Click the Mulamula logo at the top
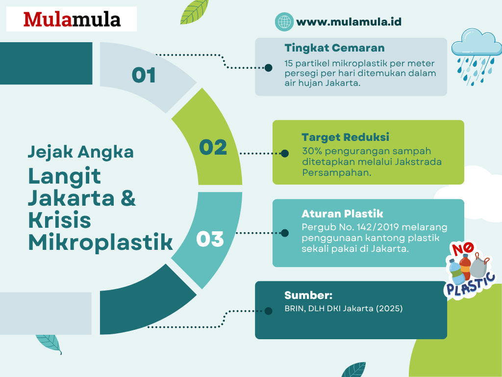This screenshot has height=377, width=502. (72, 19)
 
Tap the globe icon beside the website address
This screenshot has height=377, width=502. (284, 22)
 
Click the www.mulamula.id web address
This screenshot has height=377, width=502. (349, 22)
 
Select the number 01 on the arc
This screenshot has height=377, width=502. (144, 75)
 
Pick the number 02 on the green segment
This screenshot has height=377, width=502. (213, 147)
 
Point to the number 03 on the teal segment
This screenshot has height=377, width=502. (210, 239)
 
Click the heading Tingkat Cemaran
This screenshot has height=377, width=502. (334, 48)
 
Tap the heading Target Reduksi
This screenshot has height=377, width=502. (346, 137)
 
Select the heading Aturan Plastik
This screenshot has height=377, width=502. (342, 214)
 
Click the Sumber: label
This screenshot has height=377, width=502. (308, 295)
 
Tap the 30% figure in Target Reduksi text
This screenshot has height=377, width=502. (312, 151)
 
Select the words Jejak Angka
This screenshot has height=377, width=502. (81, 152)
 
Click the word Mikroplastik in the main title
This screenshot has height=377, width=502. (100, 242)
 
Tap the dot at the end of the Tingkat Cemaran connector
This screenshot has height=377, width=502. (268, 68)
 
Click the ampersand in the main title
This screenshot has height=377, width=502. (128, 198)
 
